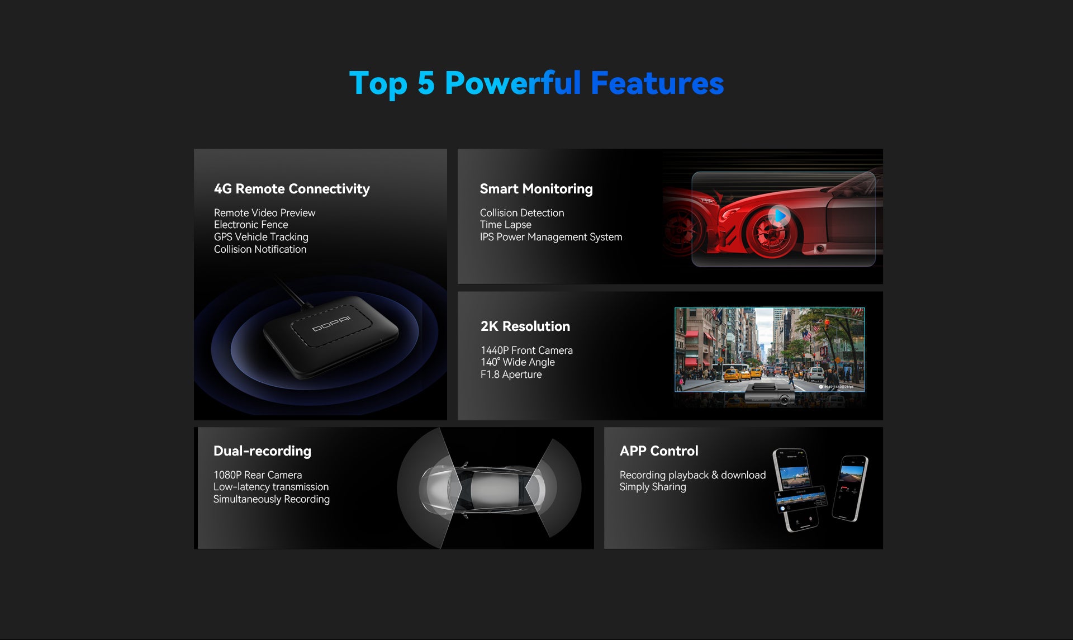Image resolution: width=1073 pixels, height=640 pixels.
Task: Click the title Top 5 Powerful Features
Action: [536, 84]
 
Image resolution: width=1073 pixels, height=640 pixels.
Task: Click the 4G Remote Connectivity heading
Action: [292, 189]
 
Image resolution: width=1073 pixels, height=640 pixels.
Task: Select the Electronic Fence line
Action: [251, 225]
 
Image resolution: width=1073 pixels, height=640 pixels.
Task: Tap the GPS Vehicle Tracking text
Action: [261, 237]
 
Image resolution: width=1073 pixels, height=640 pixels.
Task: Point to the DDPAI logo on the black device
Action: [331, 323]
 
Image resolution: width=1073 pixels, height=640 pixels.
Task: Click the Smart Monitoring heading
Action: [536, 189]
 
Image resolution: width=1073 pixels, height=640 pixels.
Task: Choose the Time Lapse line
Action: [505, 225]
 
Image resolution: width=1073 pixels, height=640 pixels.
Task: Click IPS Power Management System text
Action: [550, 237]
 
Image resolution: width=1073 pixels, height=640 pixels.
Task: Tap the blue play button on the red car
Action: [779, 216]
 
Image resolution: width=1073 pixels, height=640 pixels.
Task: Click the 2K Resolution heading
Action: [525, 326]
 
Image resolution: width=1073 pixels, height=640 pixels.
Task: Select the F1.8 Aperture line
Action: [511, 374]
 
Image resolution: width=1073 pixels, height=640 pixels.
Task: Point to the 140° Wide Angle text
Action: [517, 362]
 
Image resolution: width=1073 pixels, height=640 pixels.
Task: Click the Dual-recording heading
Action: [262, 451]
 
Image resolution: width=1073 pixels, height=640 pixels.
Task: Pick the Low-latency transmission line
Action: [271, 487]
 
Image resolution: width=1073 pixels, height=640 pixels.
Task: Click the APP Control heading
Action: [659, 451]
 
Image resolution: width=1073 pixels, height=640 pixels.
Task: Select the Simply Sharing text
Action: [653, 487]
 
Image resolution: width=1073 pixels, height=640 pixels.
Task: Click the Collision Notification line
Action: [260, 249]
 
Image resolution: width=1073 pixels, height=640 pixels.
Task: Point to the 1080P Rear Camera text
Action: [258, 475]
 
